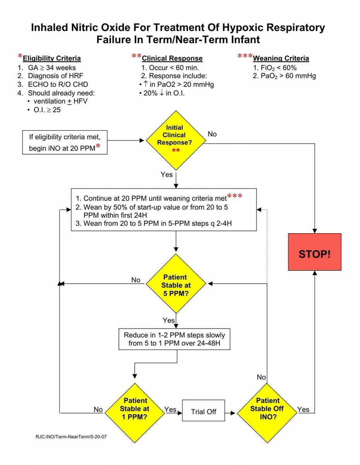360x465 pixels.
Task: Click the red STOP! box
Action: pyautogui.click(x=314, y=252)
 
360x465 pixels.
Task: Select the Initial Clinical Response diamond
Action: pyautogui.click(x=176, y=140)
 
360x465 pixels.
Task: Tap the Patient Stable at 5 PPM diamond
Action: pyautogui.click(x=176, y=284)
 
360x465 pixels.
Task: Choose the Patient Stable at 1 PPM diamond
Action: pyautogui.click(x=134, y=413)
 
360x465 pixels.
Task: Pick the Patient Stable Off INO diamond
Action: pyautogui.click(x=267, y=413)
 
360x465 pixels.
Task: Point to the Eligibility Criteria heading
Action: pyautogui.click(x=52, y=59)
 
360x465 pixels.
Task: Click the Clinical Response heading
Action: pyautogui.click(x=172, y=59)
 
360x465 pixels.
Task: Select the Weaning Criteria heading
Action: pyautogui.click(x=281, y=59)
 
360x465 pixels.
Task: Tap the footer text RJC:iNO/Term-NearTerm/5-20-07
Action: pyautogui.click(x=71, y=437)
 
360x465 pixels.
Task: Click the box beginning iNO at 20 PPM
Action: pyautogui.click(x=65, y=142)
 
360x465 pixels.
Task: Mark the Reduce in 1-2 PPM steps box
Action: pyautogui.click(x=175, y=339)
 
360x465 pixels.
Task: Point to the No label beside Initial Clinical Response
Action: pyautogui.click(x=212, y=134)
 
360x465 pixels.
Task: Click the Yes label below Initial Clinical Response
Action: pyautogui.click(x=166, y=175)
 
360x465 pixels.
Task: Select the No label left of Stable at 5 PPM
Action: pyautogui.click(x=136, y=280)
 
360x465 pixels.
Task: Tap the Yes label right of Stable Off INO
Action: pyautogui.click(x=303, y=410)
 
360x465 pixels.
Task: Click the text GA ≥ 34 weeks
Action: pyautogui.click(x=52, y=68)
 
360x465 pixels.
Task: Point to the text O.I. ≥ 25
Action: pyautogui.click(x=47, y=110)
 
